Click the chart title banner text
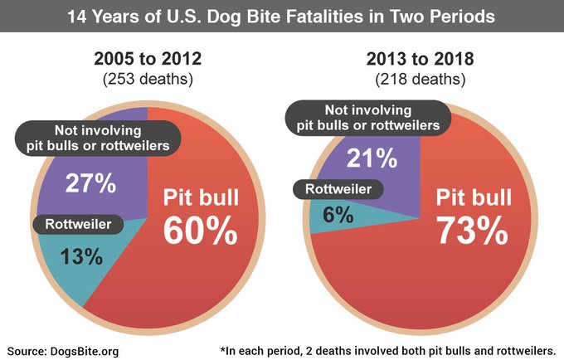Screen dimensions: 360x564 point(282,16)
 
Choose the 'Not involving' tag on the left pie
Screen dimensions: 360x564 point(99,139)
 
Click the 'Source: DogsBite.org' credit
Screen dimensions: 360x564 point(63,351)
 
